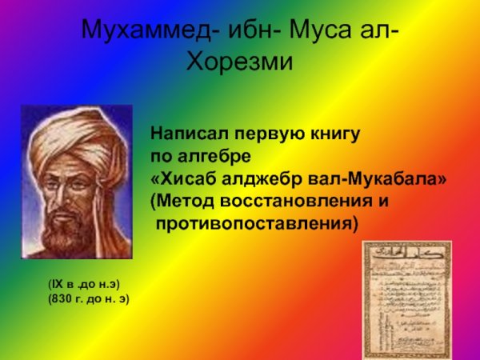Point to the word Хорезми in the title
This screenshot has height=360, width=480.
tap(240, 60)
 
